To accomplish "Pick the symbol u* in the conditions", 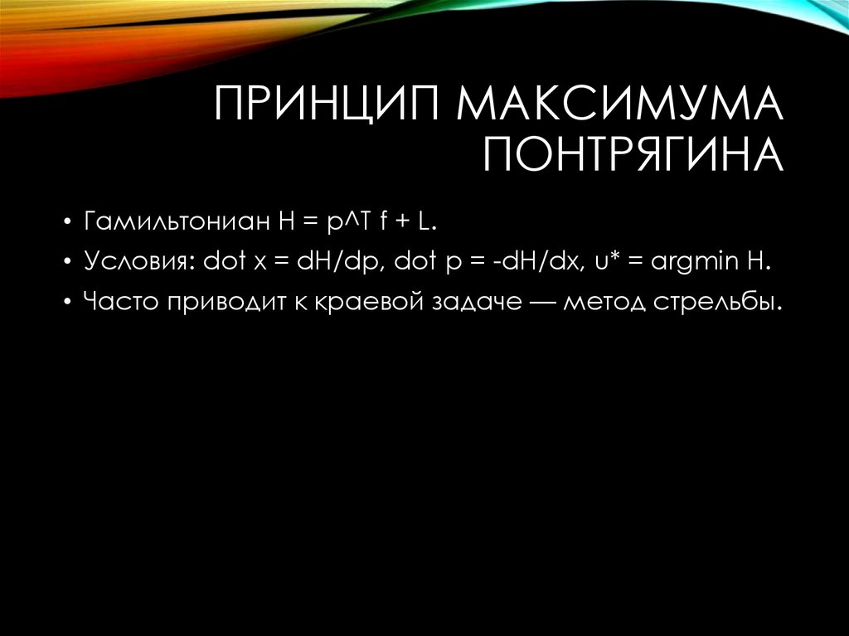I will coord(606,262).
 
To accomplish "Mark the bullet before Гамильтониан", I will coord(65,223).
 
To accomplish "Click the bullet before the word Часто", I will coord(65,303).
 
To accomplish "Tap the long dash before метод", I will coord(541,303).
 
